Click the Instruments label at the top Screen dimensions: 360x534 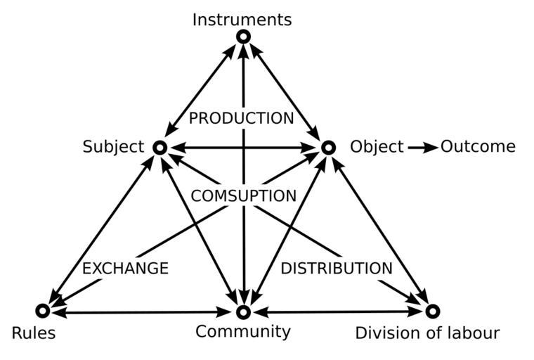coord(242,20)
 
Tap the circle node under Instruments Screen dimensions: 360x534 coord(243,36)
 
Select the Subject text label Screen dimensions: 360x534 coord(113,147)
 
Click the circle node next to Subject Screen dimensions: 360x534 coord(159,148)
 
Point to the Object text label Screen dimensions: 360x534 coord(377,147)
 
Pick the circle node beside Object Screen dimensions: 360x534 coord(328,148)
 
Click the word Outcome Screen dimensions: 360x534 coord(478,147)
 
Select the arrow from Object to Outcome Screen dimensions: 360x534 coord(422,148)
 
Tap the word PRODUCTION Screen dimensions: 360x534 coord(241,119)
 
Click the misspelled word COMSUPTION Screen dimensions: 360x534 coord(244,196)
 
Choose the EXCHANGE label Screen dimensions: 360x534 coord(125,269)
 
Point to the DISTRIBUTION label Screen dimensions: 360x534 coord(337,269)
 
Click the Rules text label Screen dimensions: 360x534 coord(34,333)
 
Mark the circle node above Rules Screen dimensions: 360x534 coord(42,311)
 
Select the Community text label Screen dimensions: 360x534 coord(242,331)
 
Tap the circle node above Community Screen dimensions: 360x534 coord(243,311)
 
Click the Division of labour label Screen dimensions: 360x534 coord(427,333)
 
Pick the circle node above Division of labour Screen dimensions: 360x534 coord(433,311)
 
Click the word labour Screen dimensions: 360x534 coord(474,333)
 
